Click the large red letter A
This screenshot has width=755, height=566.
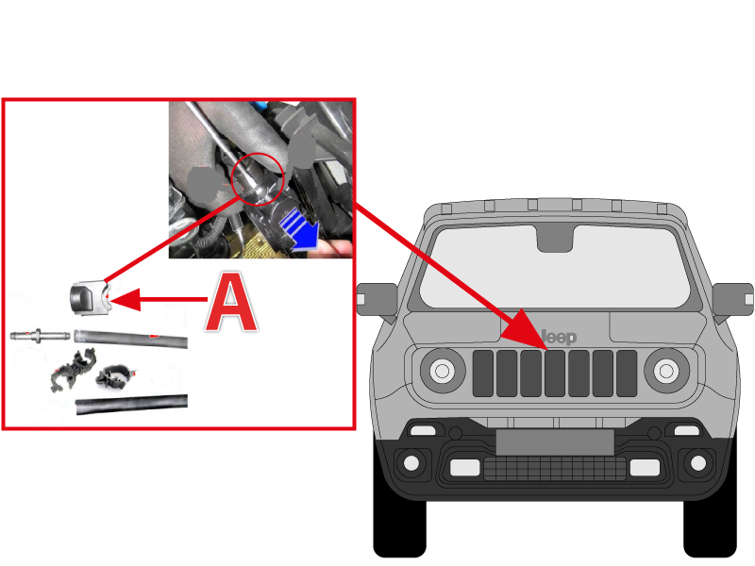tap(231, 302)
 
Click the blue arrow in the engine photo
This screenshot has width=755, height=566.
tap(300, 231)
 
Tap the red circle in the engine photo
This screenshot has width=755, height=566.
tap(258, 179)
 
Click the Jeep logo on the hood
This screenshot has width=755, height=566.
tap(559, 337)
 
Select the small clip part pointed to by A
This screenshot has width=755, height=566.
tap(90, 297)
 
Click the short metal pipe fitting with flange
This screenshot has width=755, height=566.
tap(40, 335)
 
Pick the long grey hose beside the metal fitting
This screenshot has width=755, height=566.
tap(130, 339)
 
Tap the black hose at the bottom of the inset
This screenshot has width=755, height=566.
tap(131, 404)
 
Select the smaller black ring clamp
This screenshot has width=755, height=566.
tap(114, 376)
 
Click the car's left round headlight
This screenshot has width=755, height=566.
tap(442, 371)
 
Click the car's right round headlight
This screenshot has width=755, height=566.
tap(666, 371)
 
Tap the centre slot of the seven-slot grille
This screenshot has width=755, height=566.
tap(555, 374)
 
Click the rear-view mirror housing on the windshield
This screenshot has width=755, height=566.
tap(555, 239)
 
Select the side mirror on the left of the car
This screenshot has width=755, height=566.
tap(377, 301)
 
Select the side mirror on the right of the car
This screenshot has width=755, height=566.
tap(732, 301)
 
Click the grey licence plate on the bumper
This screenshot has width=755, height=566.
tap(555, 441)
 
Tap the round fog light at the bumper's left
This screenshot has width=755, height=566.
tap(411, 463)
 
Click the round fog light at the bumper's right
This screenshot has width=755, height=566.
tap(698, 463)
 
